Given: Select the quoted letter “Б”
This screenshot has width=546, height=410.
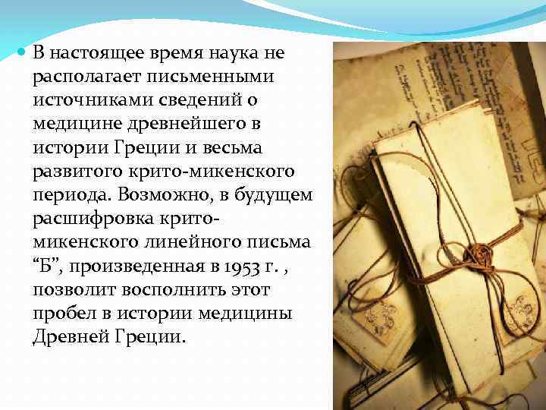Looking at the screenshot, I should (45, 266).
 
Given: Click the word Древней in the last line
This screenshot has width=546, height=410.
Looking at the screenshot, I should (67, 337).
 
